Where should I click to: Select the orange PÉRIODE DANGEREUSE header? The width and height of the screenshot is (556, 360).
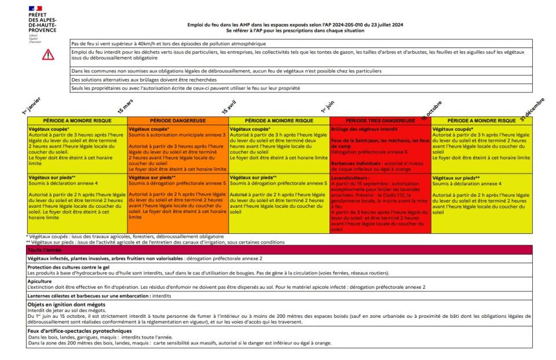(178, 120)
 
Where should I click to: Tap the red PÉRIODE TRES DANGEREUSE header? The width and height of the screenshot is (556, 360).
(380, 120)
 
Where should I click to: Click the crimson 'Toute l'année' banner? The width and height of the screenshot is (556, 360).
(278, 249)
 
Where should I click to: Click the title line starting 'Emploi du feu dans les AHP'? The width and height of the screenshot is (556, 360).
(295, 25)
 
